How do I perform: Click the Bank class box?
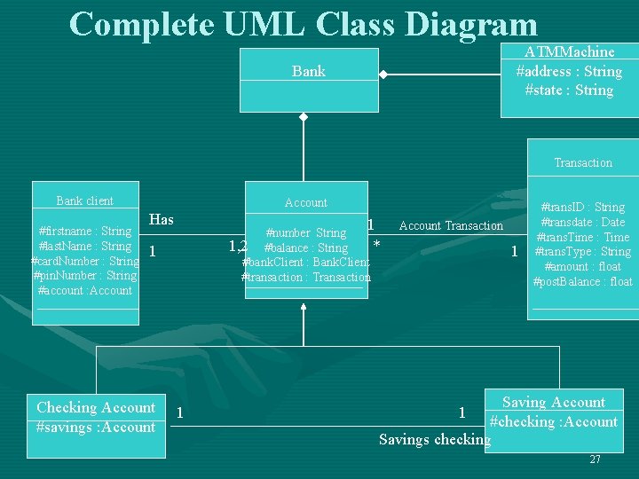309,71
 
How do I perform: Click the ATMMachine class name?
569,52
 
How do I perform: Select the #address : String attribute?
569,71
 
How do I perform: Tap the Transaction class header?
583,162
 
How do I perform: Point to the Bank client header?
84,201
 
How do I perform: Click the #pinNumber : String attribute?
87,276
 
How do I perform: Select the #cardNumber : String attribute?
85,261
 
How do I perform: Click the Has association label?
162,220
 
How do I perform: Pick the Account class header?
306,202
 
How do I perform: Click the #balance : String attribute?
306,247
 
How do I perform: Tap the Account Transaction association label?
451,226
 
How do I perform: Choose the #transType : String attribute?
583,252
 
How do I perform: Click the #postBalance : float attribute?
582,282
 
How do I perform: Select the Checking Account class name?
96,408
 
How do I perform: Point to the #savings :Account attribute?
95,427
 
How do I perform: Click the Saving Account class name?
554,403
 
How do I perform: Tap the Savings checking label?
434,439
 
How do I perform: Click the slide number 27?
595,459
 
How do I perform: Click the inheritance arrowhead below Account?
304,307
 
